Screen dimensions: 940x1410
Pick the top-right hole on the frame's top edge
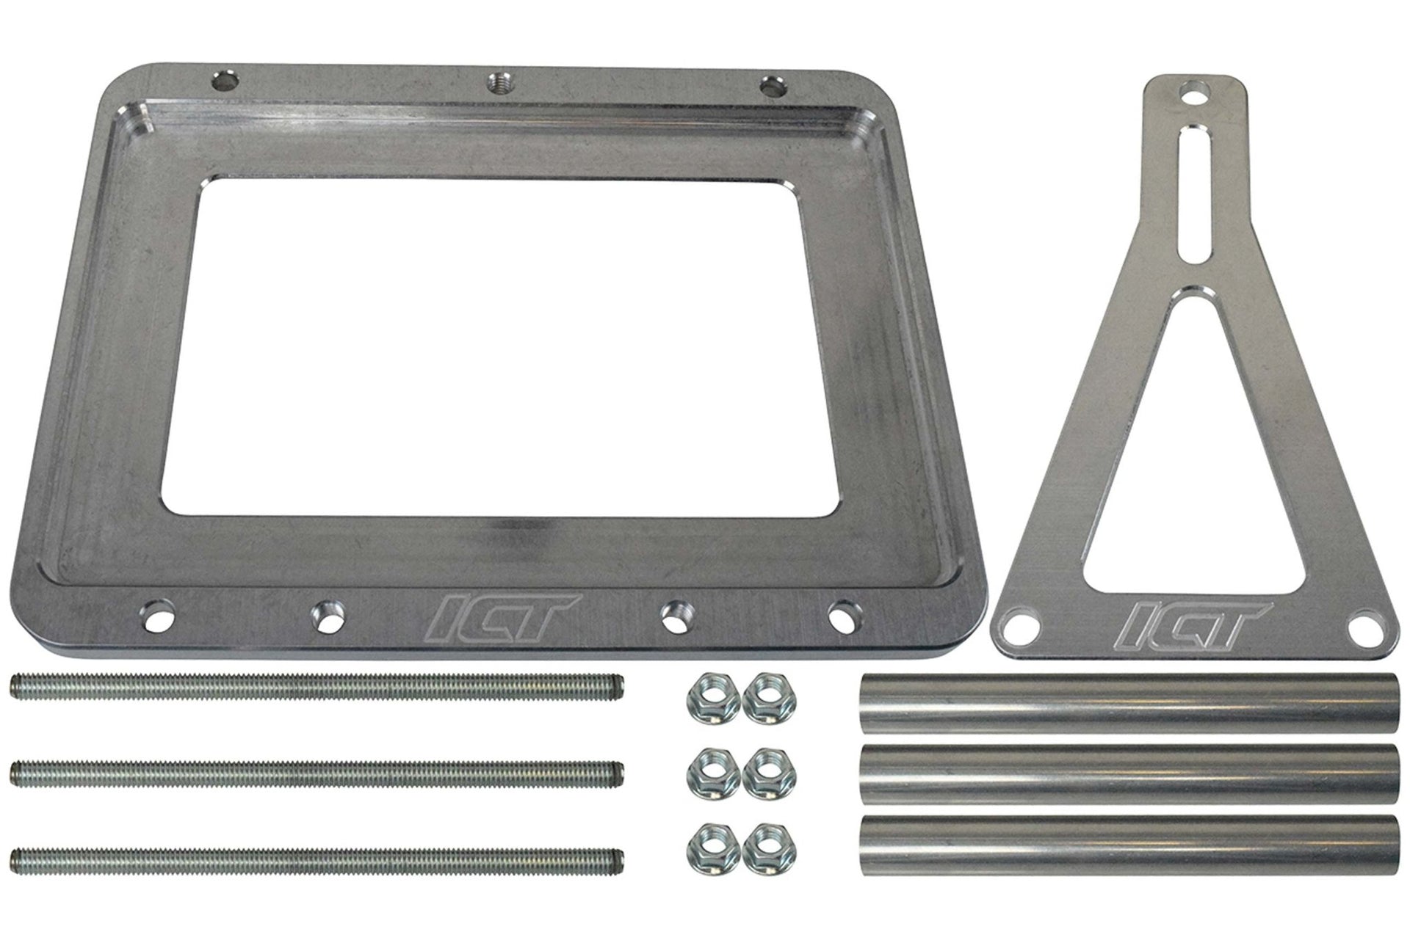coord(770,87)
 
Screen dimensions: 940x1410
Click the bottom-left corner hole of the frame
coord(156,612)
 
